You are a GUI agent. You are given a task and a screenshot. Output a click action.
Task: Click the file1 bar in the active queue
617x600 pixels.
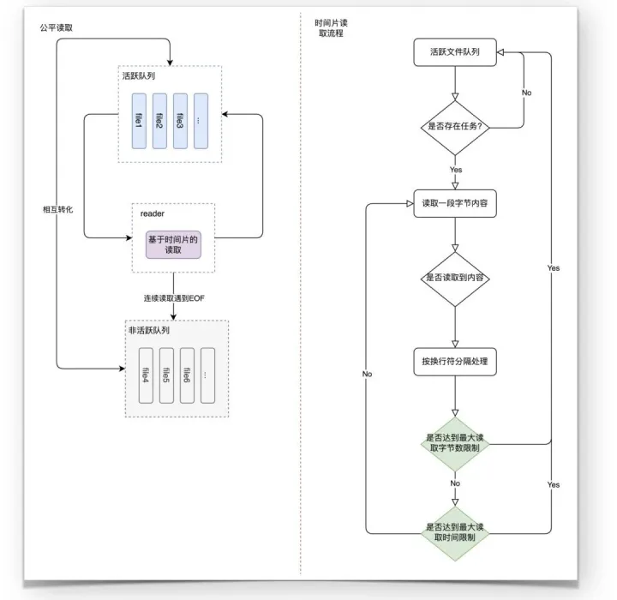[x=139, y=121]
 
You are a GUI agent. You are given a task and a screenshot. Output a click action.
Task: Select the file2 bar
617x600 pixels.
[x=159, y=121]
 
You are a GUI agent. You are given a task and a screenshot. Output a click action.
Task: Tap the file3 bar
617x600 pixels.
[x=180, y=121]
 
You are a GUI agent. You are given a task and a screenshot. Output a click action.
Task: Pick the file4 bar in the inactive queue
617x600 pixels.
[x=146, y=375]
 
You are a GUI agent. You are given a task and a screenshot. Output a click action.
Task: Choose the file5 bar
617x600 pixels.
[x=166, y=375]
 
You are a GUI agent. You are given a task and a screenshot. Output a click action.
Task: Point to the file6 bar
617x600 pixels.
[x=187, y=375]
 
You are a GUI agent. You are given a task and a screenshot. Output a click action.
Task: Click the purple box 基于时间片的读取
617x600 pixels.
[x=173, y=244]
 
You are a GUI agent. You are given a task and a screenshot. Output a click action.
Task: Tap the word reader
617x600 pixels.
[x=153, y=213]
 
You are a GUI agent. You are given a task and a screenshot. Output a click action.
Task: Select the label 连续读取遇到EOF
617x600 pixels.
[x=174, y=298]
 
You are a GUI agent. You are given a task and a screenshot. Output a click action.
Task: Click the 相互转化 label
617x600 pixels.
[x=58, y=209]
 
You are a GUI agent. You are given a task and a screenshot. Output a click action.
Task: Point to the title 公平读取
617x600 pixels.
[x=57, y=27]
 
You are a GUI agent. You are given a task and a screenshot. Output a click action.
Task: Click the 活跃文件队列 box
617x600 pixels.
[x=455, y=52]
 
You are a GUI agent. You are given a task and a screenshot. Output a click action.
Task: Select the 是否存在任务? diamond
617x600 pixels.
[x=455, y=128]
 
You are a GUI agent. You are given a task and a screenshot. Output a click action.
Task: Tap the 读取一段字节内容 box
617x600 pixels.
[x=455, y=203]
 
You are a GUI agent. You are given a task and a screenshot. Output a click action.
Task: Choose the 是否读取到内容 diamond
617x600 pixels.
[x=455, y=279]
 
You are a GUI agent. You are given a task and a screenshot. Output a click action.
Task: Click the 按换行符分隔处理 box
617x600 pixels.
[x=455, y=362]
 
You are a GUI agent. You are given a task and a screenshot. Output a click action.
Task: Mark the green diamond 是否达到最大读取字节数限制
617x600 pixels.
[x=455, y=444]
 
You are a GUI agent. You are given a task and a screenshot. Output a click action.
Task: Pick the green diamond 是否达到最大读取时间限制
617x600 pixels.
[x=455, y=533]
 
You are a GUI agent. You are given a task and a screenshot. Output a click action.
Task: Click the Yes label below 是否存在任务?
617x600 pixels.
[x=456, y=170]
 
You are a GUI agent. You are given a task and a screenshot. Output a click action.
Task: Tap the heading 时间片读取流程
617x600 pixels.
[x=331, y=28]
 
